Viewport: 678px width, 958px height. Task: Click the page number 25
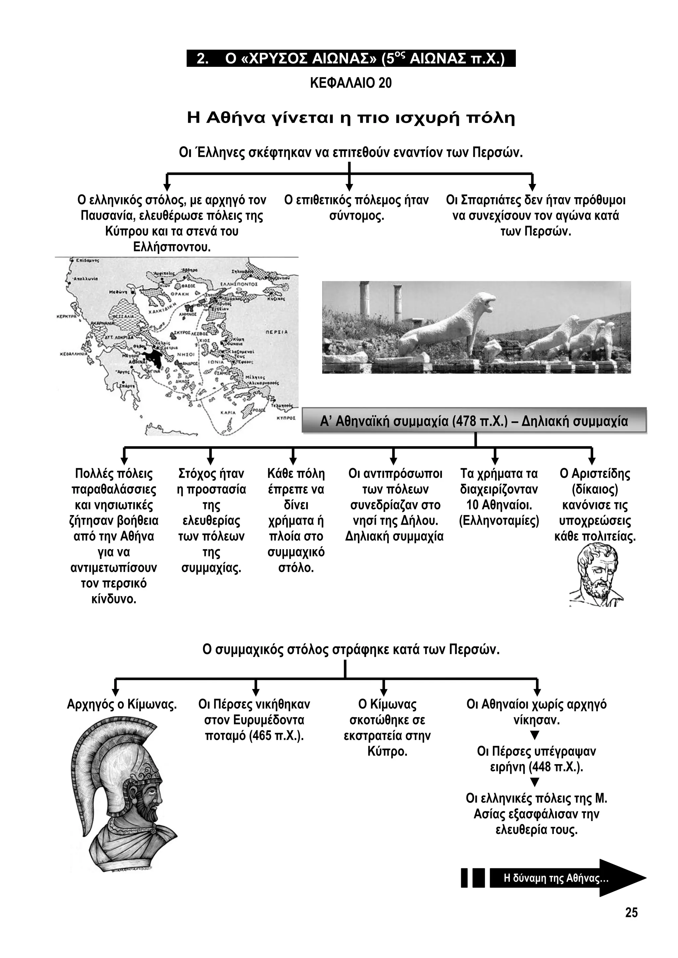point(631,913)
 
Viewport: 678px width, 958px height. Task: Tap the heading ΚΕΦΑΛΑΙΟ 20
point(351,83)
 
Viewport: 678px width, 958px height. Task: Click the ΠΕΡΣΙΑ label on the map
point(276,332)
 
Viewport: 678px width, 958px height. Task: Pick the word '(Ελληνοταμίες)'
point(499,521)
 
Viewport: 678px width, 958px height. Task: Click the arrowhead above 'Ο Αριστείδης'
point(592,461)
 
